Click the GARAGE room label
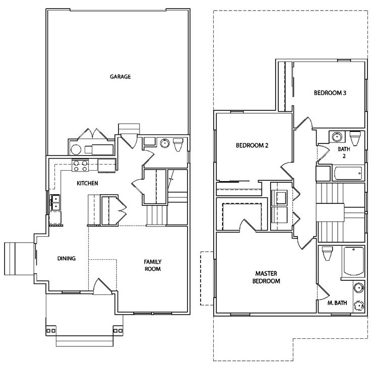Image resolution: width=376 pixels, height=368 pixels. point(120,77)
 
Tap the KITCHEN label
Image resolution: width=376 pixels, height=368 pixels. point(87,183)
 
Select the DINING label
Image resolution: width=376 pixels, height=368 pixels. point(67,258)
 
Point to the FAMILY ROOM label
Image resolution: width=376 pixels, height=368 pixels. point(153,265)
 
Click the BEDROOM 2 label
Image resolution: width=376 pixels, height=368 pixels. point(252,145)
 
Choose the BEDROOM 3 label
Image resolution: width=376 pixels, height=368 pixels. point(330,93)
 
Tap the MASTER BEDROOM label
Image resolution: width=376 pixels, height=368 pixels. point(266,277)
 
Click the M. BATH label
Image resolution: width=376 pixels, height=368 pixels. point(337,303)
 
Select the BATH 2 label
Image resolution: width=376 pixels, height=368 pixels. point(344,153)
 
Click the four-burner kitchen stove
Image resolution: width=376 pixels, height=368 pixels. point(80,166)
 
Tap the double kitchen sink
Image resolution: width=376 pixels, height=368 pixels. point(55,203)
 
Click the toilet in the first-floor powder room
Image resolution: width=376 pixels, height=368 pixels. point(178,144)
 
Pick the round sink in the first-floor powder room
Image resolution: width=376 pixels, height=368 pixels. point(165,143)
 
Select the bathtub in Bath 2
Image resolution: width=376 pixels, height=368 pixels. point(348,173)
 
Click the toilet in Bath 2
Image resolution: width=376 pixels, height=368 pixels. point(355,138)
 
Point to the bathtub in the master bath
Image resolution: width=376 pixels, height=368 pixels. point(354,261)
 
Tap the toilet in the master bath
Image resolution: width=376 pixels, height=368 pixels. point(327,254)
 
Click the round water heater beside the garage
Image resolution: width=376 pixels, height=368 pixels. point(76,150)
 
